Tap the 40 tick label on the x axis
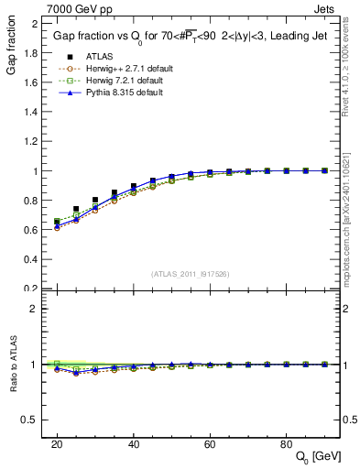134,442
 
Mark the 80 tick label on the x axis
287,442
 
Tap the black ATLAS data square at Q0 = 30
95,200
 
